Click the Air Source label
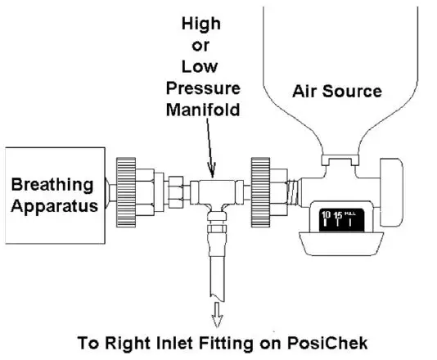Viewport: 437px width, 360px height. (337, 91)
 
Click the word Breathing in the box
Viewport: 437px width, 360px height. (52, 185)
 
